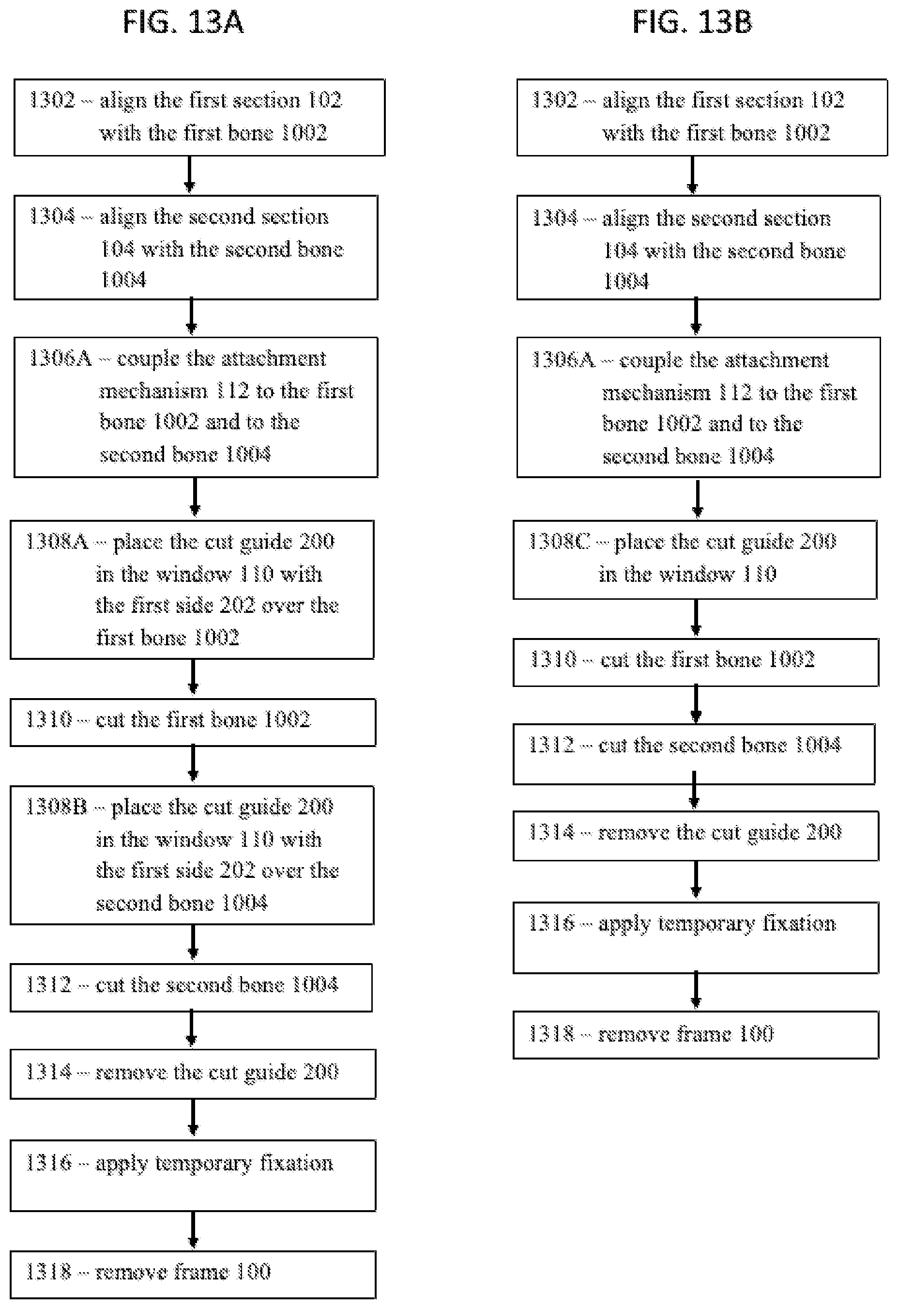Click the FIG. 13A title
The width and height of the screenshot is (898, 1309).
point(183,23)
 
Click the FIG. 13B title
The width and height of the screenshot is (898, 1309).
point(692,23)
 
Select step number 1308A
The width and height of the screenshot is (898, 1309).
point(57,541)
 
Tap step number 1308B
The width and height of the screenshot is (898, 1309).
point(56,807)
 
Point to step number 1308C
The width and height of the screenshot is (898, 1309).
point(559,541)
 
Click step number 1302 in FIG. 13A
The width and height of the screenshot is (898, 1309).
point(52,100)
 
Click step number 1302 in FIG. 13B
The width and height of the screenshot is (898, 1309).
point(555,100)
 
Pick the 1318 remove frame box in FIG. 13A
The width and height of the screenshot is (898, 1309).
point(193,1275)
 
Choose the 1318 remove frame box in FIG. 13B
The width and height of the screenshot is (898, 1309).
point(696,1035)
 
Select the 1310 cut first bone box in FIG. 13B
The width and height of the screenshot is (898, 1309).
point(696,662)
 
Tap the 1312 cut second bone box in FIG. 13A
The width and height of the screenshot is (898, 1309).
point(191,987)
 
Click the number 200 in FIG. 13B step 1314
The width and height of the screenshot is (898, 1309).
point(823,832)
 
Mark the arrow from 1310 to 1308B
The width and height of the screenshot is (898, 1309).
point(193,765)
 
